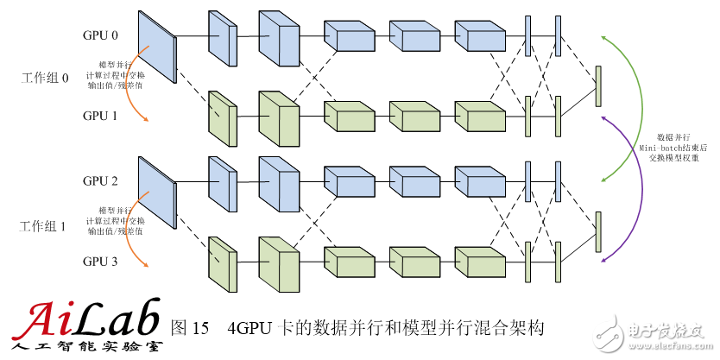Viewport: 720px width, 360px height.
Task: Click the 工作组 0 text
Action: click(x=44, y=79)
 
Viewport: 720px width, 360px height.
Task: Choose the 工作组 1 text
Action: click(x=44, y=226)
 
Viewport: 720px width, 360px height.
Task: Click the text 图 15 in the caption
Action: click(x=191, y=328)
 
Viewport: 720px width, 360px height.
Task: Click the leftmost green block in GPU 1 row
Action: click(x=222, y=116)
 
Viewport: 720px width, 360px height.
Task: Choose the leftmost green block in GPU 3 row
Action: click(x=222, y=262)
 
